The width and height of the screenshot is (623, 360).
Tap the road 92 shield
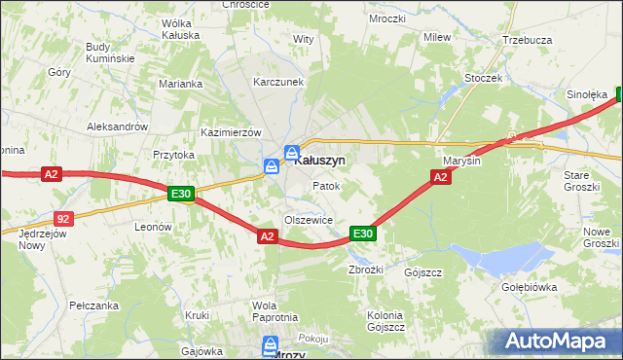pos(63,220)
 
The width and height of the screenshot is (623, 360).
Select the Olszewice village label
pos(309,220)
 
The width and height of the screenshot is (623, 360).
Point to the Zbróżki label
pos(366,270)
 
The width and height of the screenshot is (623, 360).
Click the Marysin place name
pos(461,161)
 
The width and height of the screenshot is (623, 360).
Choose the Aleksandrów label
pos(117,126)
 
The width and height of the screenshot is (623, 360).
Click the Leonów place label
pos(153,227)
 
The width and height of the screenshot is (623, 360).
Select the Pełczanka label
pos(94,306)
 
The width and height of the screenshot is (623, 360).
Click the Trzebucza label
pos(527,40)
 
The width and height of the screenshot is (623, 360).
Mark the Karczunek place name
pos(279,83)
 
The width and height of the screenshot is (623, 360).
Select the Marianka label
pos(180,84)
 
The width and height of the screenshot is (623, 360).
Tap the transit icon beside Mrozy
pos(270,344)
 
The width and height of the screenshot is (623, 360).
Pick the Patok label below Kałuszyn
pos(325,185)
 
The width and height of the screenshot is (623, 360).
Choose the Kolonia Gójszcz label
pos(385,321)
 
